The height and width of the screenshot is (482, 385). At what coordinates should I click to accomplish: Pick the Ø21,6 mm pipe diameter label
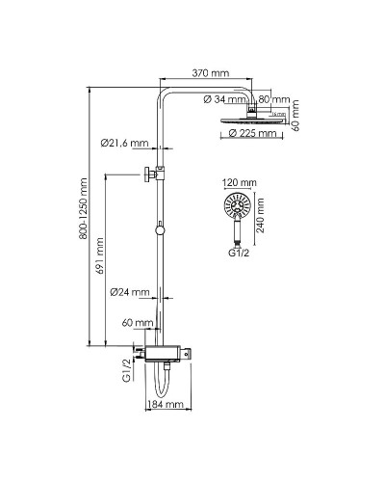[124, 144]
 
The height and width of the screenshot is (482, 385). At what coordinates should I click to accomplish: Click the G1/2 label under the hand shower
[239, 254]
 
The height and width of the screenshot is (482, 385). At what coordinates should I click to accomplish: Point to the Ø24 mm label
[129, 292]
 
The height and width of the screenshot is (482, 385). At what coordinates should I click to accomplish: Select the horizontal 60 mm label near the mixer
[144, 323]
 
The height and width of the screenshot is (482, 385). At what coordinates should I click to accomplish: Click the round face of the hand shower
[235, 205]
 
